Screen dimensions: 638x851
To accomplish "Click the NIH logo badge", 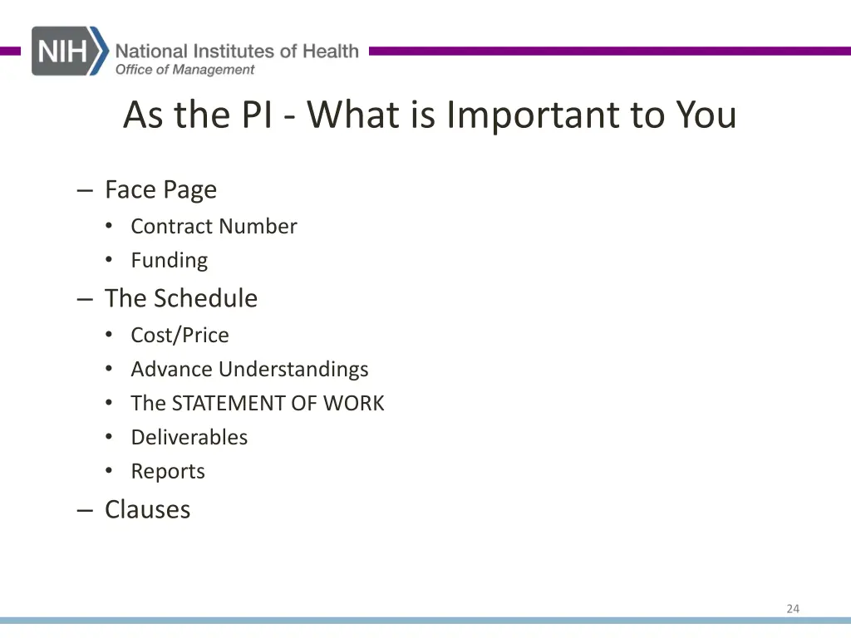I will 70,51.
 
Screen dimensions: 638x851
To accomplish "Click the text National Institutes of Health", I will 237,52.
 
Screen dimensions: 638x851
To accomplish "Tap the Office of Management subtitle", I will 184,70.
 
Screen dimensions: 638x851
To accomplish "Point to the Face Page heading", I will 160,190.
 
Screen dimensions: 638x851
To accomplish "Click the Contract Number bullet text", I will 214,226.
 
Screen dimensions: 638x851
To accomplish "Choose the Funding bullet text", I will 169,261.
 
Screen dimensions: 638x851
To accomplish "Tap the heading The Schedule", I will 180,298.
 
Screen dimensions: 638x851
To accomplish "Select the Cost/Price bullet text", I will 180,335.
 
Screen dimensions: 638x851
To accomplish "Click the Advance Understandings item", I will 249,369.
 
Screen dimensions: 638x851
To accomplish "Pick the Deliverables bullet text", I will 189,437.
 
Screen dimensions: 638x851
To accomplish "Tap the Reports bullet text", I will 167,472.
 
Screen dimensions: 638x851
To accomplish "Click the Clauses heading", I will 147,509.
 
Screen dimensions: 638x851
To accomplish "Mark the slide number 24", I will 793,609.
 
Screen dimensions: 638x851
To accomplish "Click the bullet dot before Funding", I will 109,260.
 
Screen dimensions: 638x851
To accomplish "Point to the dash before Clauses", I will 84,510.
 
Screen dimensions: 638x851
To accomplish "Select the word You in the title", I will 706,115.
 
